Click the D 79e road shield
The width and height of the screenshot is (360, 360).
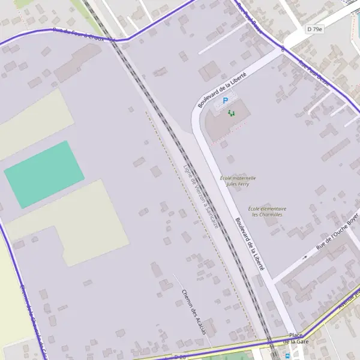314,29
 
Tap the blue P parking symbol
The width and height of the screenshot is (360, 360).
226,101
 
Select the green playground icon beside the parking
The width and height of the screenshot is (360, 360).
232,112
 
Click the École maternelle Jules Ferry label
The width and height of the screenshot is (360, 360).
238,181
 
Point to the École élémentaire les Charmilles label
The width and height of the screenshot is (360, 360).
267,211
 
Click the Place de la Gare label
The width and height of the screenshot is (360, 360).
295,338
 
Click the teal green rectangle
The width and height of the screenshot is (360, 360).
44,174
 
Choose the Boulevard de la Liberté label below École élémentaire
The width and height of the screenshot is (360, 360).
250,243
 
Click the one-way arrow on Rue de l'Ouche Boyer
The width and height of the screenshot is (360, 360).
304,257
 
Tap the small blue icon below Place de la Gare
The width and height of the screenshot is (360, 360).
288,355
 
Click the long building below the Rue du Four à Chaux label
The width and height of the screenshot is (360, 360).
79,63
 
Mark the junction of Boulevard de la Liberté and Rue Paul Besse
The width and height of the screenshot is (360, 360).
282,50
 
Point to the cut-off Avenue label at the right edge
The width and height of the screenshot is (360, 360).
352,301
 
